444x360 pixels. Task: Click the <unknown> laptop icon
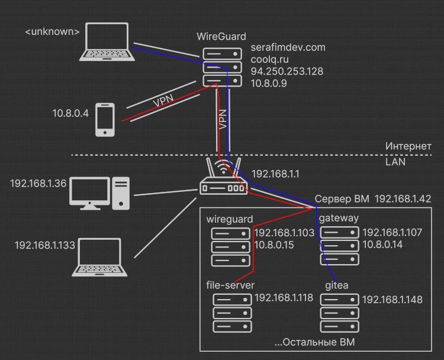click(107, 41)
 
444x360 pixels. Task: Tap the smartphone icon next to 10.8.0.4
click(105, 120)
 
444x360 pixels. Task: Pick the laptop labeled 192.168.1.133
click(99, 257)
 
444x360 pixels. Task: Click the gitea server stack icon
click(340, 313)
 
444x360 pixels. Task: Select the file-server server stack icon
click(232, 313)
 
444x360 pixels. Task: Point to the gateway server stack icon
click(340, 246)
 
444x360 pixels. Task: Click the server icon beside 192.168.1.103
click(231, 247)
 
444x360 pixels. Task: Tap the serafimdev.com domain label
click(288, 47)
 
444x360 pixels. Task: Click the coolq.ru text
click(269, 59)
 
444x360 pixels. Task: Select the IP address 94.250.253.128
click(287, 72)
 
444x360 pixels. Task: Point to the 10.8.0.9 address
click(269, 83)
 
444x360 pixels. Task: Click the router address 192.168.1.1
click(275, 174)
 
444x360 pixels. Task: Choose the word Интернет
click(408, 146)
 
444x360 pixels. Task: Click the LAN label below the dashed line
click(395, 162)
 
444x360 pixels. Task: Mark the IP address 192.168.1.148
click(392, 300)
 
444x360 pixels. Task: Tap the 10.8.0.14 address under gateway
click(382, 245)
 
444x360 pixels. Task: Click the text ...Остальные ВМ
click(314, 342)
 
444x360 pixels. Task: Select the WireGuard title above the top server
click(221, 37)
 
